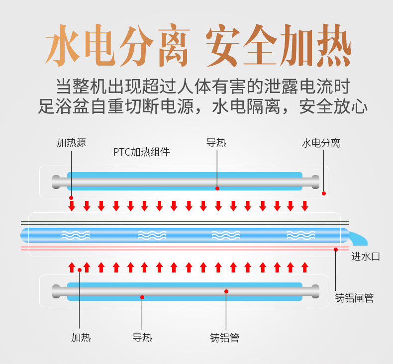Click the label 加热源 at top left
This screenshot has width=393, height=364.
point(71,143)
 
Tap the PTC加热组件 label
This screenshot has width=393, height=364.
point(141,152)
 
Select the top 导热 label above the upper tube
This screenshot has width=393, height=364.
point(216,143)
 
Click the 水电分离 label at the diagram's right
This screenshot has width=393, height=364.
point(321,143)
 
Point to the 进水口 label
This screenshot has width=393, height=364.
point(366,257)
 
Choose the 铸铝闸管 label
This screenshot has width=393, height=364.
point(354,298)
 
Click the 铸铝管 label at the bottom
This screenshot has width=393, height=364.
point(225,338)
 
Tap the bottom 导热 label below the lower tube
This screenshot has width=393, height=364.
point(142,338)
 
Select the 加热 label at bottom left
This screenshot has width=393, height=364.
point(81,338)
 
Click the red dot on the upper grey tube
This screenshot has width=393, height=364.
point(217,188)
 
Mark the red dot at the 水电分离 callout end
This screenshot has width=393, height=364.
point(324,193)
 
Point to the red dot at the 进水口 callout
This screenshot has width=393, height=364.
point(336,249)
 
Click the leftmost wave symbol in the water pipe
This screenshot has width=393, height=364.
point(76,234)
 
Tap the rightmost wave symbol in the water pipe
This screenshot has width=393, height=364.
point(301,234)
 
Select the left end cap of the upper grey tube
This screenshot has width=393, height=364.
point(57,182)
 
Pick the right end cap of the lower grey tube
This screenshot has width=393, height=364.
point(314,291)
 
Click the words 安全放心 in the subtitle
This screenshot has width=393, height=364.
point(333,106)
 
